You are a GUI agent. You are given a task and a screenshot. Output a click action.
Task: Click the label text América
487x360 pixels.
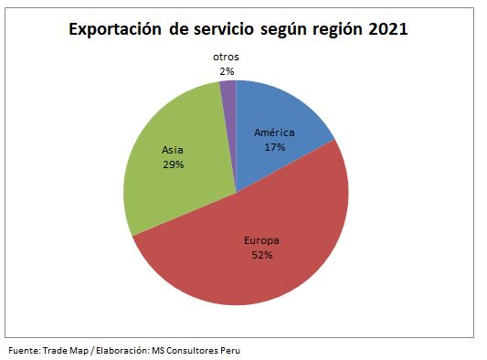tap(275, 132)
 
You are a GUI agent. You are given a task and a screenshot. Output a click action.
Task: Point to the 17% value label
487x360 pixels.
tap(275, 146)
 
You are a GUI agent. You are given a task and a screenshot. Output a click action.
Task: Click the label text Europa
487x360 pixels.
tap(262, 240)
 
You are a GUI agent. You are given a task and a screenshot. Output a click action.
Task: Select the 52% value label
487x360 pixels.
tap(262, 255)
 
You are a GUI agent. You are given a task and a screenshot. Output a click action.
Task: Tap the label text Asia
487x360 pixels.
tap(172, 150)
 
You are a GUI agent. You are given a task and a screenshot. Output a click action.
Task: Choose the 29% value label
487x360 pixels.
tap(172, 164)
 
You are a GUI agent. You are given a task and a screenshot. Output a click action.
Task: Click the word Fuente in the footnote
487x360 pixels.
tap(24, 350)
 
